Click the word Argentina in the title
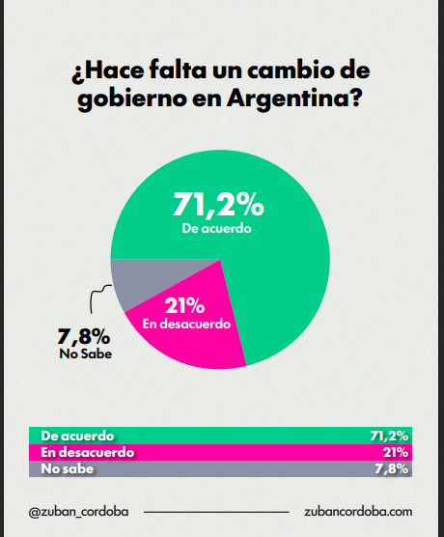pyautogui.click(x=294, y=99)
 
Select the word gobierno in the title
pyautogui.click(x=132, y=99)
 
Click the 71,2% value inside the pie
pyautogui.click(x=218, y=205)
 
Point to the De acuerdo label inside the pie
pyautogui.click(x=216, y=228)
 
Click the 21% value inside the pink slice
pyautogui.click(x=185, y=305)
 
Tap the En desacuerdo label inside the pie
pyautogui.click(x=186, y=324)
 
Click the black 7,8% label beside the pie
pyautogui.click(x=84, y=336)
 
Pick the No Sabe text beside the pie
pyautogui.click(x=86, y=353)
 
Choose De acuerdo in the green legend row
pyautogui.click(x=77, y=436)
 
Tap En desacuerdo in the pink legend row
pyautogui.click(x=87, y=452)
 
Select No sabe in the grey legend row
pyautogui.click(x=68, y=468)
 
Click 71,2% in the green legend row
pyautogui.click(x=389, y=436)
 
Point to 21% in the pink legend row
pyautogui.click(x=396, y=452)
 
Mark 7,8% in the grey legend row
pyautogui.click(x=391, y=468)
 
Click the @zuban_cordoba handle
pyautogui.click(x=79, y=512)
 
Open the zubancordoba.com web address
pyautogui.click(x=358, y=512)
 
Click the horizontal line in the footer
pyautogui.click(x=216, y=512)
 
